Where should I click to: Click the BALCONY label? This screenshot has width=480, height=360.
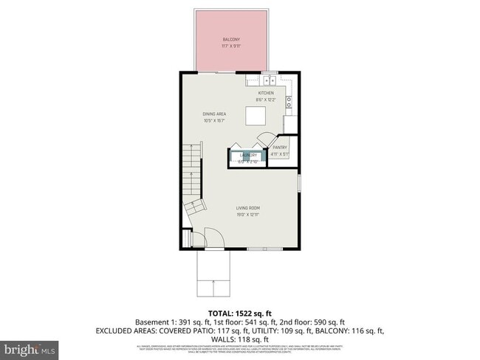pyautogui.click(x=232, y=39)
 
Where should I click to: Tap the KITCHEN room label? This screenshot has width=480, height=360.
pyautogui.click(x=265, y=93)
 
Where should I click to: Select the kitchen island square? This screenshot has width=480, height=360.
pyautogui.click(x=255, y=116)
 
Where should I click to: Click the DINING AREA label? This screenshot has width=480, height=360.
pyautogui.click(x=214, y=114)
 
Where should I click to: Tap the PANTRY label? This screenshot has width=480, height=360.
pyautogui.click(x=279, y=148)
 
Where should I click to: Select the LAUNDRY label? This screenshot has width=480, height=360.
pyautogui.click(x=247, y=155)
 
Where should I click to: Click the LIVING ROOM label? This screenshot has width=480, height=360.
pyautogui.click(x=247, y=208)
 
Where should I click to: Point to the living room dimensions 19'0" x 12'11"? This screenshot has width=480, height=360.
pyautogui.click(x=247, y=215)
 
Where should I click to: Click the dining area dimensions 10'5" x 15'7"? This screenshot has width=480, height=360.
pyautogui.click(x=214, y=120)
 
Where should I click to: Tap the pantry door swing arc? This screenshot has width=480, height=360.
pyautogui.click(x=269, y=137)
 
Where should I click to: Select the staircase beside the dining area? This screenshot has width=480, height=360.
pyautogui.click(x=191, y=178)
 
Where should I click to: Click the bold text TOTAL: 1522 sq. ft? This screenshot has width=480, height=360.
pyautogui.click(x=240, y=313)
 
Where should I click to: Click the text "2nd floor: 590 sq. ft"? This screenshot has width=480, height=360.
pyautogui.click(x=315, y=322)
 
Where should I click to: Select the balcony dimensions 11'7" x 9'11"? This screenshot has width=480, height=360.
pyautogui.click(x=232, y=46)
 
